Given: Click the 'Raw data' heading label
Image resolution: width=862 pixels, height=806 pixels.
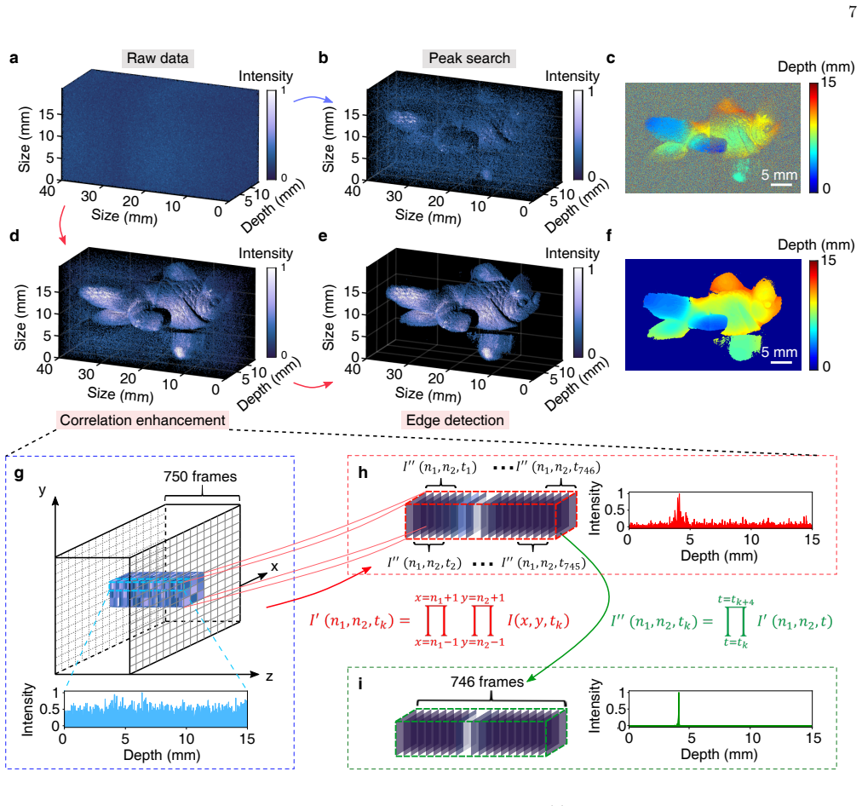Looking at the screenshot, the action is pyautogui.click(x=158, y=58).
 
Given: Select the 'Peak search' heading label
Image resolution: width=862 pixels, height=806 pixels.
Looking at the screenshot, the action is pyautogui.click(x=469, y=58).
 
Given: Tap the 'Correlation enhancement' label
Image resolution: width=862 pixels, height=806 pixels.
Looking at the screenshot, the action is pyautogui.click(x=142, y=420).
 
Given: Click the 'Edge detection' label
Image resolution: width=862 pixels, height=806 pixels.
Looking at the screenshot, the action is pyautogui.click(x=455, y=420).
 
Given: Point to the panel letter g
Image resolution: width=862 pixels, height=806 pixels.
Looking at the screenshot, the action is pyautogui.click(x=19, y=473).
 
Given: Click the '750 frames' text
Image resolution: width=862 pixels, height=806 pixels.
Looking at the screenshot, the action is pyautogui.click(x=200, y=476).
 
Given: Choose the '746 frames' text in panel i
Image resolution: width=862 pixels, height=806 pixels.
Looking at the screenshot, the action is pyautogui.click(x=487, y=682).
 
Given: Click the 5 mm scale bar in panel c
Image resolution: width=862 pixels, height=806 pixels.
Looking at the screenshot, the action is pyautogui.click(x=780, y=185).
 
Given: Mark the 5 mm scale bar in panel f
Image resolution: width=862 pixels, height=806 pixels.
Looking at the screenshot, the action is pyautogui.click(x=781, y=362).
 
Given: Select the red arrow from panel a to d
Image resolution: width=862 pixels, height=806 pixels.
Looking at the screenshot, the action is pyautogui.click(x=61, y=224).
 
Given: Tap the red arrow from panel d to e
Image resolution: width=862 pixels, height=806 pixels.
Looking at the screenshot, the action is pyautogui.click(x=313, y=385).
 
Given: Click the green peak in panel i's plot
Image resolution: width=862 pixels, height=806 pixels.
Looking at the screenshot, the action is pyautogui.click(x=679, y=709).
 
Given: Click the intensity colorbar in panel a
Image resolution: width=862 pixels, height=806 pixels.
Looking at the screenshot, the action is pyautogui.click(x=272, y=135).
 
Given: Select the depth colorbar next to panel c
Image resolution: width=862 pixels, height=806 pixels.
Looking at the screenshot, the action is pyautogui.click(x=813, y=137).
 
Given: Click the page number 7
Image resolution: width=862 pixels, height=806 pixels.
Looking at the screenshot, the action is pyautogui.click(x=852, y=12).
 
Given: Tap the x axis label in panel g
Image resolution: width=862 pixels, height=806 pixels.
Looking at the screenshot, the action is pyautogui.click(x=274, y=567).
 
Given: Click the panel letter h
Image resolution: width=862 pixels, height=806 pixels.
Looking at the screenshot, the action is pyautogui.click(x=363, y=473).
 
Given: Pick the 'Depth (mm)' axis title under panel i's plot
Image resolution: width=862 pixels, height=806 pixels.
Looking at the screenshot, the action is pyautogui.click(x=719, y=754).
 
